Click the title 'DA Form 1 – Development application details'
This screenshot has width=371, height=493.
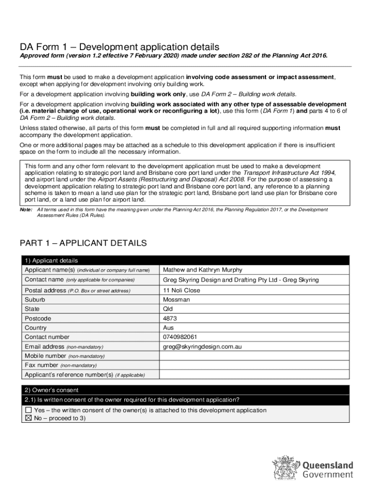coord(119,47)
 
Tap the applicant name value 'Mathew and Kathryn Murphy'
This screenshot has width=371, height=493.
coord(202,270)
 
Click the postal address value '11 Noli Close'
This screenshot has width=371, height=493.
coord(181,290)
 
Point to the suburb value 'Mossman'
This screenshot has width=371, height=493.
coord(176,299)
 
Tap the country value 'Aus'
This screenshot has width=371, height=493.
coord(169,327)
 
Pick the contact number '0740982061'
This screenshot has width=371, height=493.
coord(180,337)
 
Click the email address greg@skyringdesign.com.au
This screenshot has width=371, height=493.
coord(202,346)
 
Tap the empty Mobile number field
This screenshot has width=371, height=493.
coord(254,356)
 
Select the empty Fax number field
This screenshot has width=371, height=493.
coord(254,365)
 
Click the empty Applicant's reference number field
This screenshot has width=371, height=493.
coord(254,375)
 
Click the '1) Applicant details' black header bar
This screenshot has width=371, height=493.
coord(185,260)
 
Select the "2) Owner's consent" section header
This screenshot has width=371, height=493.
coord(185,390)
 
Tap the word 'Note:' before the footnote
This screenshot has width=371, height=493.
coord(26,209)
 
